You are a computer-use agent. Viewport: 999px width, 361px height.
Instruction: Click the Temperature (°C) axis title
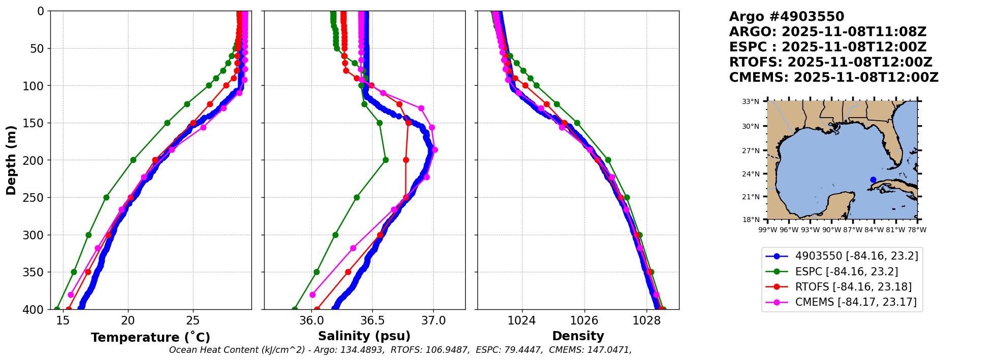pos(150,338)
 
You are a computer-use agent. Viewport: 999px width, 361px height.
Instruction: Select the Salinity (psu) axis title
pos(364,336)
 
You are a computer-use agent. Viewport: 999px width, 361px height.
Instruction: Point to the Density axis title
pos(578,336)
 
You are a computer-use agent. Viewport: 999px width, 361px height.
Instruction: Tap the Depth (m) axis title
pos(11,160)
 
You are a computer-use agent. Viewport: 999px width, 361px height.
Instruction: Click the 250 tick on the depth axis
pos(37,198)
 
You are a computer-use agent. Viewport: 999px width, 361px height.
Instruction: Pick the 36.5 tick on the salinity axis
pos(372,320)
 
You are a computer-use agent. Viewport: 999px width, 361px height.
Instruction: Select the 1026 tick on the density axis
pos(585,320)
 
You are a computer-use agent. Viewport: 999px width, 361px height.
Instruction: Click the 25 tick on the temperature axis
pos(193,320)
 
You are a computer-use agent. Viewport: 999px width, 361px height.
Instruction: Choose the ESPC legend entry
pos(846,272)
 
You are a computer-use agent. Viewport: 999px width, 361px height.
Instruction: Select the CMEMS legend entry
pos(856,302)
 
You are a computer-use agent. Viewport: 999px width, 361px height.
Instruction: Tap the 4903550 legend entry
pos(856,256)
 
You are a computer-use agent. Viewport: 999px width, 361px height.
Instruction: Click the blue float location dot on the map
pos(873,179)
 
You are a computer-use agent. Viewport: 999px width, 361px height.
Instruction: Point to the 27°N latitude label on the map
pos(751,151)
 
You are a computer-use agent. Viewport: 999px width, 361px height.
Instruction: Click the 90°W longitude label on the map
pos(831,230)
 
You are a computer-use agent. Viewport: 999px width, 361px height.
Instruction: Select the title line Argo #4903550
pos(786,17)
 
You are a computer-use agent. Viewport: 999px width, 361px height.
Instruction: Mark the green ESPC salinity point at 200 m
pos(385,160)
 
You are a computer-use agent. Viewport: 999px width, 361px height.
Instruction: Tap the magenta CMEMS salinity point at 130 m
pos(421,108)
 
